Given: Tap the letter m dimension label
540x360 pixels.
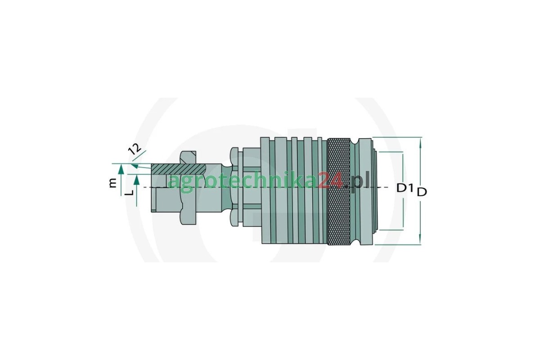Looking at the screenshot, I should tap(112, 182).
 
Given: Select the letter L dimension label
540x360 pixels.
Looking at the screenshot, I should tap(129, 192).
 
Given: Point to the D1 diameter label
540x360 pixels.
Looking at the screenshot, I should tap(405, 188).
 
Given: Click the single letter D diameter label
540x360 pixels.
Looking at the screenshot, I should tap(422, 192).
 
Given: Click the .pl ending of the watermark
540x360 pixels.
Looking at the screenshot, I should tap(358, 181).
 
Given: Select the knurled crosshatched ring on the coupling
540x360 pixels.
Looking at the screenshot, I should tap(340, 191).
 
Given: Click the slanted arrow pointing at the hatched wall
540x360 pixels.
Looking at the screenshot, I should tap(138, 167).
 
